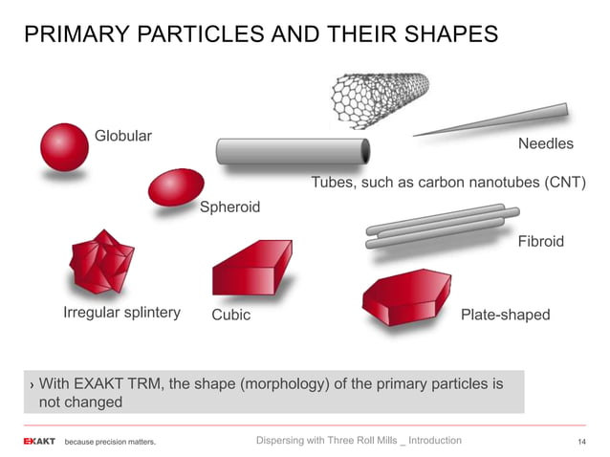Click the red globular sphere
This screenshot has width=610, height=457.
click(64, 146)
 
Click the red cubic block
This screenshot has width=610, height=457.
click(251, 270)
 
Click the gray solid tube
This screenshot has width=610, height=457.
click(293, 151)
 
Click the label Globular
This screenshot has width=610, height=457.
click(122, 135)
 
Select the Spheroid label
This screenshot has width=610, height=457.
click(229, 207)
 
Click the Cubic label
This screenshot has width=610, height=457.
click(230, 315)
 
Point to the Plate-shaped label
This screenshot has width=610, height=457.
click(505, 315)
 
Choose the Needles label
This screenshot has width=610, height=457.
click(545, 144)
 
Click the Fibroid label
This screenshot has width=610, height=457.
click(540, 241)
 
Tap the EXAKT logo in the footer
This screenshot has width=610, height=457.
click(39, 442)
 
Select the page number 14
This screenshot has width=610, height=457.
click(580, 441)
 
